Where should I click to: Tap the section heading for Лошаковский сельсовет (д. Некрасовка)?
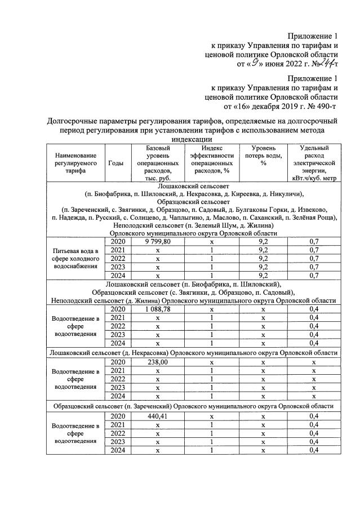pos(195,353)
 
